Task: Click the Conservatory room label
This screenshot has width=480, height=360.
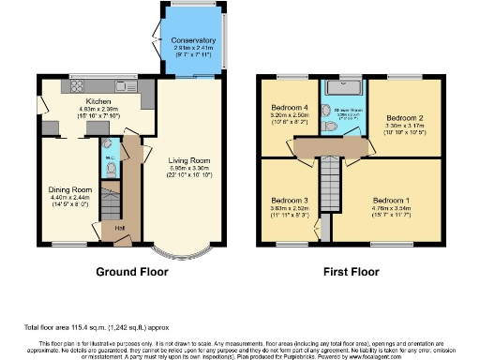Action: pyautogui.click(x=194, y=41)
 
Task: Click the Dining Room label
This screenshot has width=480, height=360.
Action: pyautogui.click(x=67, y=189)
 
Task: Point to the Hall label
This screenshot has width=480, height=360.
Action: pyautogui.click(x=120, y=227)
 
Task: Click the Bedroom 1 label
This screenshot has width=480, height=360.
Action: pyautogui.click(x=391, y=201)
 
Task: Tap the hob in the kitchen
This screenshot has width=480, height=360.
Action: pyautogui.click(x=76, y=87)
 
